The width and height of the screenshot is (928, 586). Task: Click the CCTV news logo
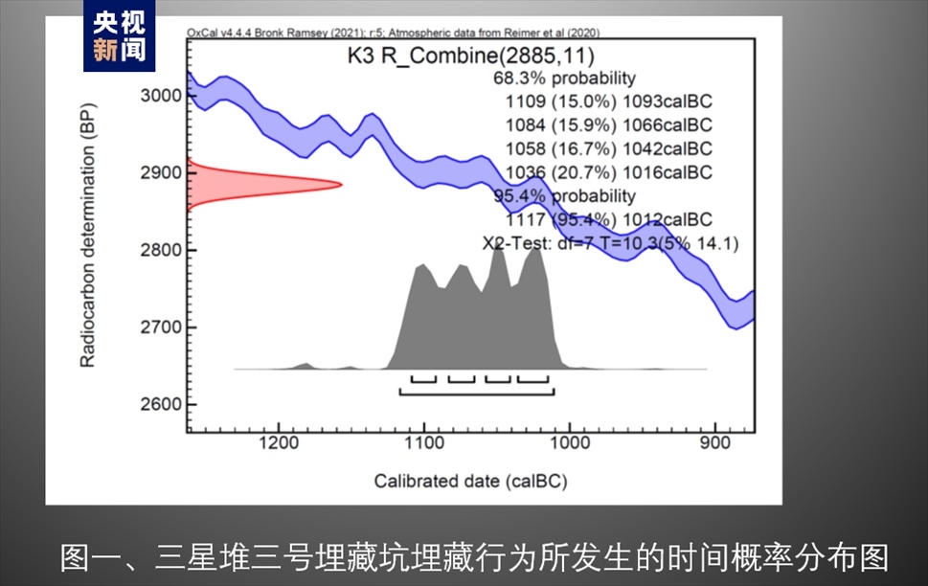tap(120, 36)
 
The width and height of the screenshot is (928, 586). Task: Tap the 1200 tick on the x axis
tap(279, 443)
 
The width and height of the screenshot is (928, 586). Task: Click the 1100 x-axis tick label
tap(424, 443)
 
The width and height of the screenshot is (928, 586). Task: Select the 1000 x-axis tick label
tap(570, 443)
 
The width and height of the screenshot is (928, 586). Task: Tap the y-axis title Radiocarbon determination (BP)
tap(87, 248)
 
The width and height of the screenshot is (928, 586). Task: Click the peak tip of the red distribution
tap(340, 184)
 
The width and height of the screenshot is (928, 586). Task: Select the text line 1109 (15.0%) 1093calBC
tap(608, 101)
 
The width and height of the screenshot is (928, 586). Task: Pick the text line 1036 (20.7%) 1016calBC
tap(608, 172)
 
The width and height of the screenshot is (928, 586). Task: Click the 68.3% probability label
tap(564, 78)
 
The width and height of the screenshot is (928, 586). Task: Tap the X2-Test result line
tap(610, 243)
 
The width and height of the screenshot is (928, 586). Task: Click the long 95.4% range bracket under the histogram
tap(477, 393)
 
